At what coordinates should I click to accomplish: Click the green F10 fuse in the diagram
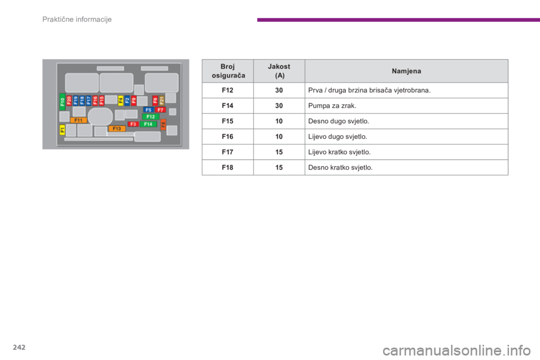click(62, 102)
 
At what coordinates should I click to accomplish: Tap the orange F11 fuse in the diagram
click(79, 120)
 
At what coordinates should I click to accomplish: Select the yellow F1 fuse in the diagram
click(62, 130)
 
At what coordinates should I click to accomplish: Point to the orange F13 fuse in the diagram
click(117, 128)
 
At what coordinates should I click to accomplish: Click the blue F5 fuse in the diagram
click(148, 110)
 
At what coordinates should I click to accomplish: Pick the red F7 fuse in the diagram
click(160, 110)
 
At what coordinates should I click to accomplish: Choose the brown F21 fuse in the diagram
click(162, 100)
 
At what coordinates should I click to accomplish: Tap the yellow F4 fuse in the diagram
click(120, 100)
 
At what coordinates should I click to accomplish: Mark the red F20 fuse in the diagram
click(69, 100)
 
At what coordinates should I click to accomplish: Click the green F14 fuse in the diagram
click(148, 124)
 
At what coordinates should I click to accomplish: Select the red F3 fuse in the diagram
click(133, 124)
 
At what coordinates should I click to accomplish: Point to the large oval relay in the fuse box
click(100, 116)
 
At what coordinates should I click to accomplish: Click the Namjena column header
click(406, 71)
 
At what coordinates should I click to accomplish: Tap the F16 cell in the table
click(228, 137)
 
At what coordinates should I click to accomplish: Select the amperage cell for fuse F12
click(279, 90)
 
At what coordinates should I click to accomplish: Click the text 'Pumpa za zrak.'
click(332, 106)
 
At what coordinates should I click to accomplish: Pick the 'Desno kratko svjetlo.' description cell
click(406, 168)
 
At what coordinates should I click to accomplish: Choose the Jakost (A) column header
click(279, 71)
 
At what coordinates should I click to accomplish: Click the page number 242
click(19, 347)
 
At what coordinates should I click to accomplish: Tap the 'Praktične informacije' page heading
click(77, 19)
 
